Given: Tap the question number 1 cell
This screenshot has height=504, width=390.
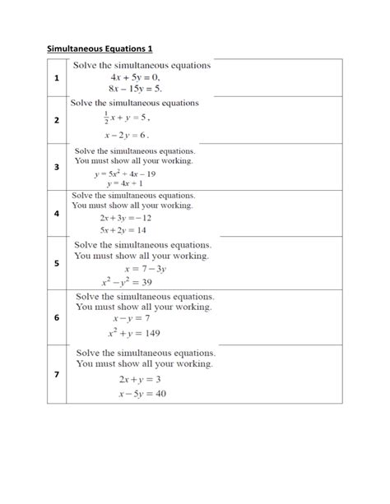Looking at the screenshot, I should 57,78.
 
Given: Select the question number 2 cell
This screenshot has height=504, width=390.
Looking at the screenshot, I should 57,120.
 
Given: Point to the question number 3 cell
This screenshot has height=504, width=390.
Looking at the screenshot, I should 57,167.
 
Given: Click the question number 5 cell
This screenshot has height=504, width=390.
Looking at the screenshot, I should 57,263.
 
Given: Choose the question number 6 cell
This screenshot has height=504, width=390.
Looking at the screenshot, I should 57,317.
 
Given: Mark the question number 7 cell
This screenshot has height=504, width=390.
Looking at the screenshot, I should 57,375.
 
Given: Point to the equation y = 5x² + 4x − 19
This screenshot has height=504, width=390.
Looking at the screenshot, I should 125,174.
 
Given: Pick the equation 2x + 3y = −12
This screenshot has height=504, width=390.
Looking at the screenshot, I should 125,218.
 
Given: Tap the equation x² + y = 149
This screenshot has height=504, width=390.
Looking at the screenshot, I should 133,333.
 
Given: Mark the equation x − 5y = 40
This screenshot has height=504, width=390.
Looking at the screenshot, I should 142,393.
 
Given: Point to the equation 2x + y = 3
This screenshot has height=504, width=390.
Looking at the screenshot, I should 138,379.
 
